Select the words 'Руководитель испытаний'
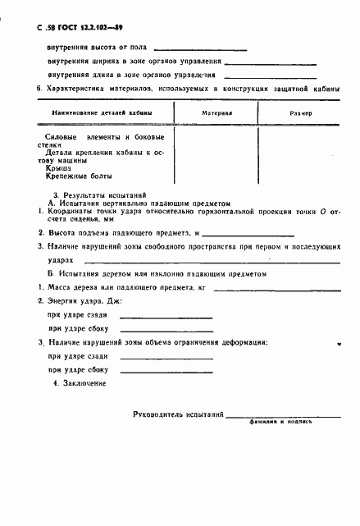178,416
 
